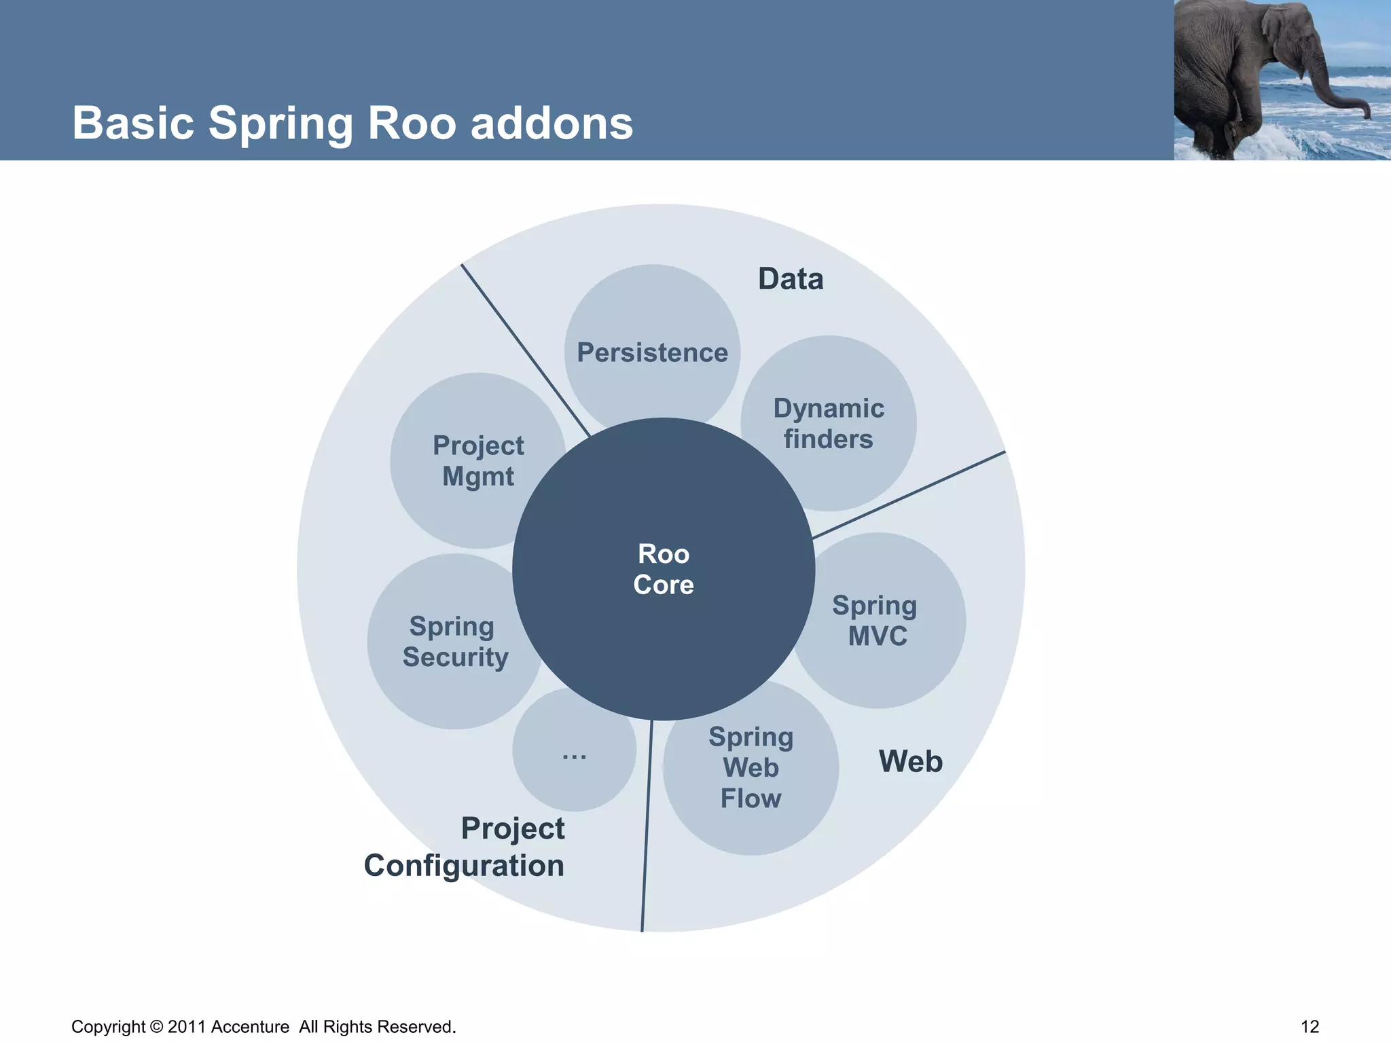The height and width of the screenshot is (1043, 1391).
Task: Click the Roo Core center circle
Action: coord(664,569)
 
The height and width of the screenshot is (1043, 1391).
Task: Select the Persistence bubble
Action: coord(652,352)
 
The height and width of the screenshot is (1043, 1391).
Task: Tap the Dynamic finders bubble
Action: coord(829,423)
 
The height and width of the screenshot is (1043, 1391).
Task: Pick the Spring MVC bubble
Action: coord(876,621)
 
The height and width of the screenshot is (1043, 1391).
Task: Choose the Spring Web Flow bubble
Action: coord(751,768)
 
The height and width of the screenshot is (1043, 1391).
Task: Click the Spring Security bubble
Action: coord(454,642)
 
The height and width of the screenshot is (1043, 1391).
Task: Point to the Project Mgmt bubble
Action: coord(478,460)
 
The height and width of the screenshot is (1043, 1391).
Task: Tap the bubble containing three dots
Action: coord(574,750)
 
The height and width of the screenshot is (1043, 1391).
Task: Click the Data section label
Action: coord(791,279)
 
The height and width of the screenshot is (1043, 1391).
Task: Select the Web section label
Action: coord(910,761)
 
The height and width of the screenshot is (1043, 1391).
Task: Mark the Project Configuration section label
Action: coord(465,847)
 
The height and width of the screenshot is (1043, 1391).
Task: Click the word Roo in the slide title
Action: coord(412,124)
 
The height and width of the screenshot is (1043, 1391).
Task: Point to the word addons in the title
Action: coord(552,124)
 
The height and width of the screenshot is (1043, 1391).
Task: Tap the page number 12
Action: coord(1309,1027)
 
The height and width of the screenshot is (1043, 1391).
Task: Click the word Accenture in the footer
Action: coord(250,1027)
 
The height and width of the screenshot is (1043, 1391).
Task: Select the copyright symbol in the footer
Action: coord(156,1027)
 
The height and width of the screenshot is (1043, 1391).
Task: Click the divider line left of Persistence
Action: coord(525,350)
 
